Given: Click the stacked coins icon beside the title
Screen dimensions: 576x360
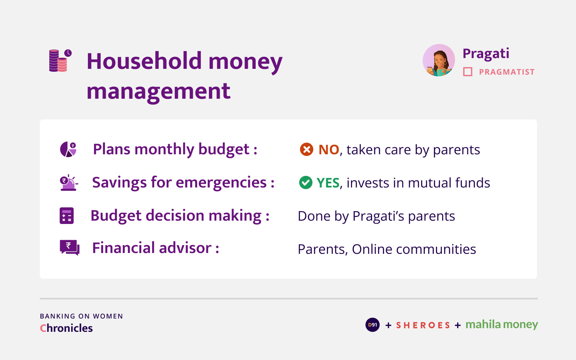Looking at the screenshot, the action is pyautogui.click(x=60, y=61).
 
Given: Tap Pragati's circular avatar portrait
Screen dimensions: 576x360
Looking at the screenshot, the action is pyautogui.click(x=439, y=60).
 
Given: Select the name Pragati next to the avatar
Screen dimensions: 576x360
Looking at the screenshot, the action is pyautogui.click(x=486, y=54).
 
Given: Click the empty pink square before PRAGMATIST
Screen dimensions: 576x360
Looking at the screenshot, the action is pyautogui.click(x=468, y=72).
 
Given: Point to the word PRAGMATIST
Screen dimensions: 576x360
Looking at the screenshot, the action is pyautogui.click(x=506, y=72).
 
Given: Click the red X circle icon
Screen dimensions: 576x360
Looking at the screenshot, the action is pyautogui.click(x=307, y=149).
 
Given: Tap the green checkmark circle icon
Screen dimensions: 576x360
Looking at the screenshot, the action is pyautogui.click(x=306, y=182).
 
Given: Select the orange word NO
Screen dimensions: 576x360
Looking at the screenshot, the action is pyautogui.click(x=329, y=149).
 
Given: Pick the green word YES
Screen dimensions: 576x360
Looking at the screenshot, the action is pyautogui.click(x=328, y=183).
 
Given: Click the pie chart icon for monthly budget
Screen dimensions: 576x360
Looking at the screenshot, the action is pyautogui.click(x=68, y=149).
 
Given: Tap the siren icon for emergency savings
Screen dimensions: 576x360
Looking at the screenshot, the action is pyautogui.click(x=69, y=182).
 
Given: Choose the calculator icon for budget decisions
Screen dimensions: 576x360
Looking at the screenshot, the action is pyautogui.click(x=67, y=216).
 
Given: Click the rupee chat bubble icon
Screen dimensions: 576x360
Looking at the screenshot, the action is pyautogui.click(x=70, y=248).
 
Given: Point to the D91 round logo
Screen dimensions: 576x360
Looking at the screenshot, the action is pyautogui.click(x=373, y=325).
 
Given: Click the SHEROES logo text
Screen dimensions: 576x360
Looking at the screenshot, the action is pyautogui.click(x=423, y=325).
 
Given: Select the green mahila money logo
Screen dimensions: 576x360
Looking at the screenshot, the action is pyautogui.click(x=502, y=325).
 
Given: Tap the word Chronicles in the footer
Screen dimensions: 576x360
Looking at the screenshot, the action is pyautogui.click(x=66, y=328).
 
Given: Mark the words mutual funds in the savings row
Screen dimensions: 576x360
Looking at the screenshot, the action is pyautogui.click(x=449, y=183).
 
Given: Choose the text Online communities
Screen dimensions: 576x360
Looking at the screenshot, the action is pyautogui.click(x=414, y=249).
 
